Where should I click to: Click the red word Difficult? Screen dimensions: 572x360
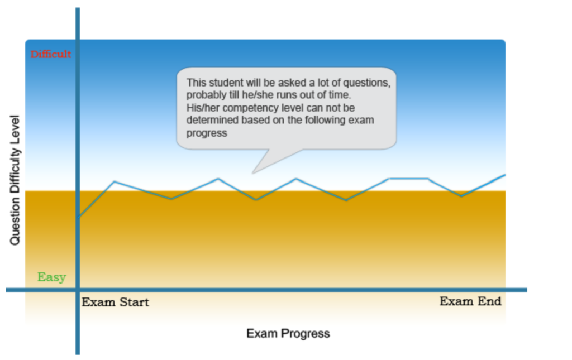coord(51,54)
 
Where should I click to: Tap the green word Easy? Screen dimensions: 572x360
coord(52,277)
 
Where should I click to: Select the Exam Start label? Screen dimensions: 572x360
coord(115,302)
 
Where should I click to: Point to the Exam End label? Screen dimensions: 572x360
coord(470,301)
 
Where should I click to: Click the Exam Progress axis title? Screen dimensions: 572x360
coord(288,333)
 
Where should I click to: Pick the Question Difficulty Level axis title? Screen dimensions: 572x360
coord(15,180)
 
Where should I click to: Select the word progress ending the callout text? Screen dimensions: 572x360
coord(207,133)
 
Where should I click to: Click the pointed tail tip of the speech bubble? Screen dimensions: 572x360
coord(253,172)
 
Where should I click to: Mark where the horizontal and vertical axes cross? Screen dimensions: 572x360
coord(78,290)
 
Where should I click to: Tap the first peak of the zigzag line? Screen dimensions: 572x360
coord(115,181)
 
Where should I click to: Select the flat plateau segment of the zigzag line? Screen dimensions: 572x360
coord(408,179)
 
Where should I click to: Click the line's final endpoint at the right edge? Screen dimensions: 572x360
coord(505,175)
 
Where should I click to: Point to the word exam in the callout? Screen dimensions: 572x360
coord(362,120)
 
